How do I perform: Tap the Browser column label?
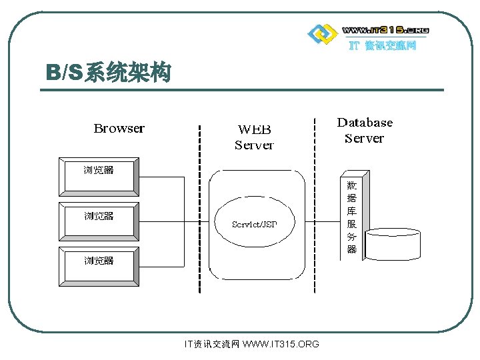pyautogui.click(x=119, y=128)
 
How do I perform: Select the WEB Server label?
pyautogui.click(x=254, y=136)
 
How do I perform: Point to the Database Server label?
pyautogui.click(x=365, y=130)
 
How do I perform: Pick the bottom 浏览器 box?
pyautogui.click(x=99, y=266)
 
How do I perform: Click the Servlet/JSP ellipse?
pyautogui.click(x=254, y=224)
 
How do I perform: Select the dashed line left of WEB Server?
pyautogui.click(x=199, y=207)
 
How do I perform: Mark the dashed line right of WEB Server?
pyautogui.click(x=314, y=207)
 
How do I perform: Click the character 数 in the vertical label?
pyautogui.click(x=352, y=185)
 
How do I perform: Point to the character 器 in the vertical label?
pyautogui.click(x=352, y=249)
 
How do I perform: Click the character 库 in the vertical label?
pyautogui.click(x=352, y=211)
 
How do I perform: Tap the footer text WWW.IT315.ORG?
pyautogui.click(x=281, y=344)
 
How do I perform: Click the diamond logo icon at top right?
pyautogui.click(x=322, y=33)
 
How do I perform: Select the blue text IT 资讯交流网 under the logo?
pyautogui.click(x=383, y=46)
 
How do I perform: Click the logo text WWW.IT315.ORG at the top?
pyautogui.click(x=385, y=30)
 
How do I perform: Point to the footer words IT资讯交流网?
pyautogui.click(x=211, y=344)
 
